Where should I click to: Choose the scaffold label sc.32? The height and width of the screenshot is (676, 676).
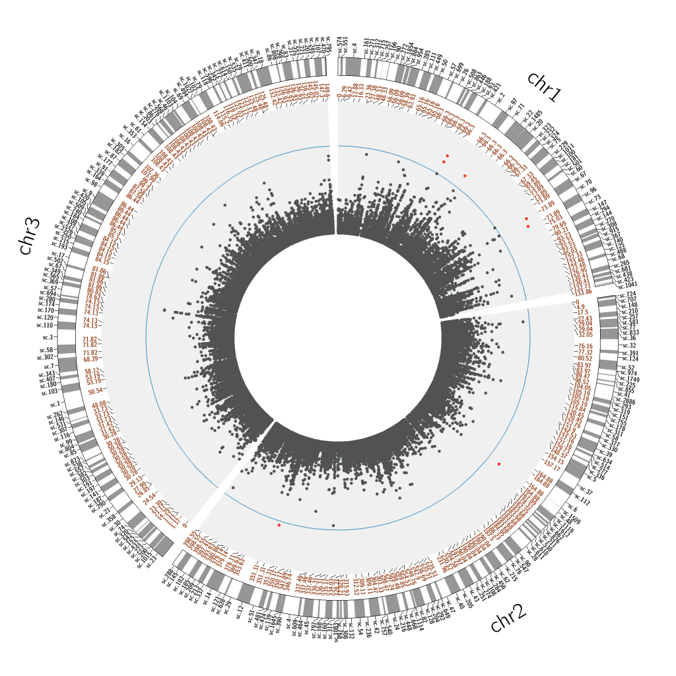tap(628, 345)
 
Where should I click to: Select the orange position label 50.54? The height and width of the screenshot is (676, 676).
tap(95, 391)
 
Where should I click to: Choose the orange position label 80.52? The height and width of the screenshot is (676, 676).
tap(585, 358)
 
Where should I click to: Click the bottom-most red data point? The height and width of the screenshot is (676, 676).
tap(279, 525)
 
